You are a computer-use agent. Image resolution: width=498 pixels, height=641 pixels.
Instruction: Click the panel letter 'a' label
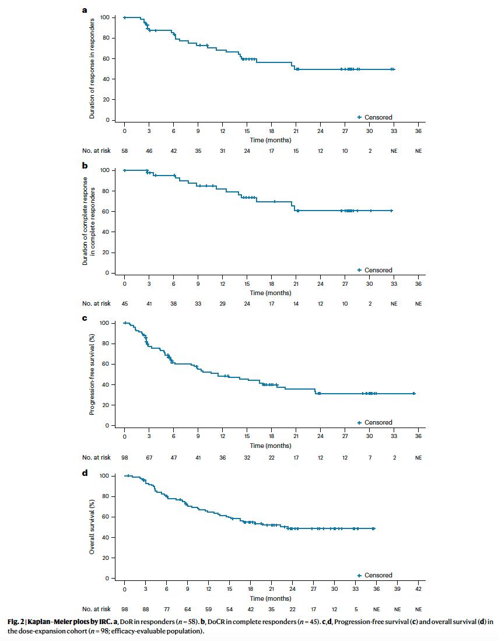tap(85, 10)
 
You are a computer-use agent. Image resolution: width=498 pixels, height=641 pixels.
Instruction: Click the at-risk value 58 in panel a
tap(124, 150)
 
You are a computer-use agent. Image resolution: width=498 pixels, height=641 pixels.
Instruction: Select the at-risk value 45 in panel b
tap(124, 303)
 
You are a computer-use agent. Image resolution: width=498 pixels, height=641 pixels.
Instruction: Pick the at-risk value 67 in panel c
tap(149, 457)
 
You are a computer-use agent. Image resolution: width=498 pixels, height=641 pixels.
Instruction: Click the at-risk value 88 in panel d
tap(145, 609)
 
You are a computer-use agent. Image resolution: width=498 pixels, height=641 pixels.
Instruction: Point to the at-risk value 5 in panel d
tap(355, 609)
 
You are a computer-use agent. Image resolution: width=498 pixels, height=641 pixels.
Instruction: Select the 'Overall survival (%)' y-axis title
tap(92, 526)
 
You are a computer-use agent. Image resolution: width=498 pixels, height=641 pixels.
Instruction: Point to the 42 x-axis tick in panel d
tap(418, 590)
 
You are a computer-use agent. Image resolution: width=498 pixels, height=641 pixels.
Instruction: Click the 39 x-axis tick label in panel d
tap(397, 590)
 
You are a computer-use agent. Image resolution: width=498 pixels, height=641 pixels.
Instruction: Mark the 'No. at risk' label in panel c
tap(96, 457)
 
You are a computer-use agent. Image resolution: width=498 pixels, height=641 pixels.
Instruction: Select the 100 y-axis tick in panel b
tap(105, 170)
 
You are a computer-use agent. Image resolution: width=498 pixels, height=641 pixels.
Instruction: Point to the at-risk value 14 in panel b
tap(296, 303)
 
